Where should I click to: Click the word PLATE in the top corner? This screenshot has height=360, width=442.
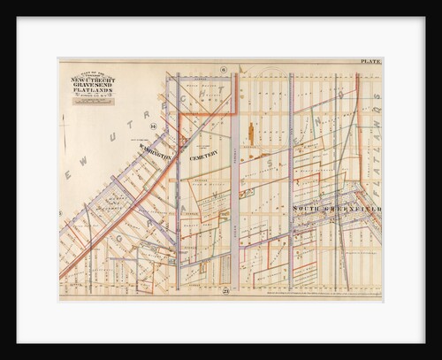(x=370, y=61)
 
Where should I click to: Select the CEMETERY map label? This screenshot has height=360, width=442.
(x=202, y=153)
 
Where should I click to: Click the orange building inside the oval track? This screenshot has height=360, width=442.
(x=251, y=134)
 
